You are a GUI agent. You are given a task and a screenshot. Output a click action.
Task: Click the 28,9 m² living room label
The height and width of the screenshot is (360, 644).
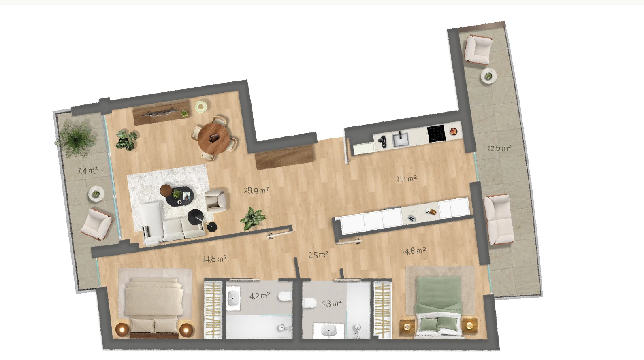coord(256,190)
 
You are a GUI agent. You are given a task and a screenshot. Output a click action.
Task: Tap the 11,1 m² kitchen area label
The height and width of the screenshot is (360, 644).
coord(407,179)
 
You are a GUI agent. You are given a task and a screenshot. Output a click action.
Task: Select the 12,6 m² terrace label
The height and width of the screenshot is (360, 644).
coord(499,148)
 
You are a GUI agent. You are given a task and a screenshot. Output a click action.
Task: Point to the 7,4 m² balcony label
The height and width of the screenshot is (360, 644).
coord(87,170)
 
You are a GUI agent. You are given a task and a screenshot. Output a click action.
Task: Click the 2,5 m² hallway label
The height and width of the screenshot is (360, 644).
coord(318,255)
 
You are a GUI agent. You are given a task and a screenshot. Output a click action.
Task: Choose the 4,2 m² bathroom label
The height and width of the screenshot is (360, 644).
coord(260,296)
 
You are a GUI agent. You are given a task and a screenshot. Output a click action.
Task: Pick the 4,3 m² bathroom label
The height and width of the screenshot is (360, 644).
coord(331,303)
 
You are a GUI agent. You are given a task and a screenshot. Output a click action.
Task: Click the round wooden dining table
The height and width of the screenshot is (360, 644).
coord(214,139)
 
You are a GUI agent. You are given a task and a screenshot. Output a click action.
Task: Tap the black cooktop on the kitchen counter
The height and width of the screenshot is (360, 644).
coord(436,134)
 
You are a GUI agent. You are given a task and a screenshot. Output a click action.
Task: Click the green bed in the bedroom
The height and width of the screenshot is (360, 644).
coord(439,307)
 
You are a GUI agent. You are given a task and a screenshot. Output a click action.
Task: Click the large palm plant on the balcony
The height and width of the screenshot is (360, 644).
coord(75,139)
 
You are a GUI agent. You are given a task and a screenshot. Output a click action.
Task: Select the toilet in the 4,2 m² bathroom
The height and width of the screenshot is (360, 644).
coord(285,296)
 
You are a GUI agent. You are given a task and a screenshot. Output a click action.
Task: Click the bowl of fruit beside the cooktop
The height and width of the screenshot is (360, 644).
coord(454,131)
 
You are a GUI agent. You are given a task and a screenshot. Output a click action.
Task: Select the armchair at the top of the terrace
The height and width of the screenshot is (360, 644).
coord(478,49)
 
